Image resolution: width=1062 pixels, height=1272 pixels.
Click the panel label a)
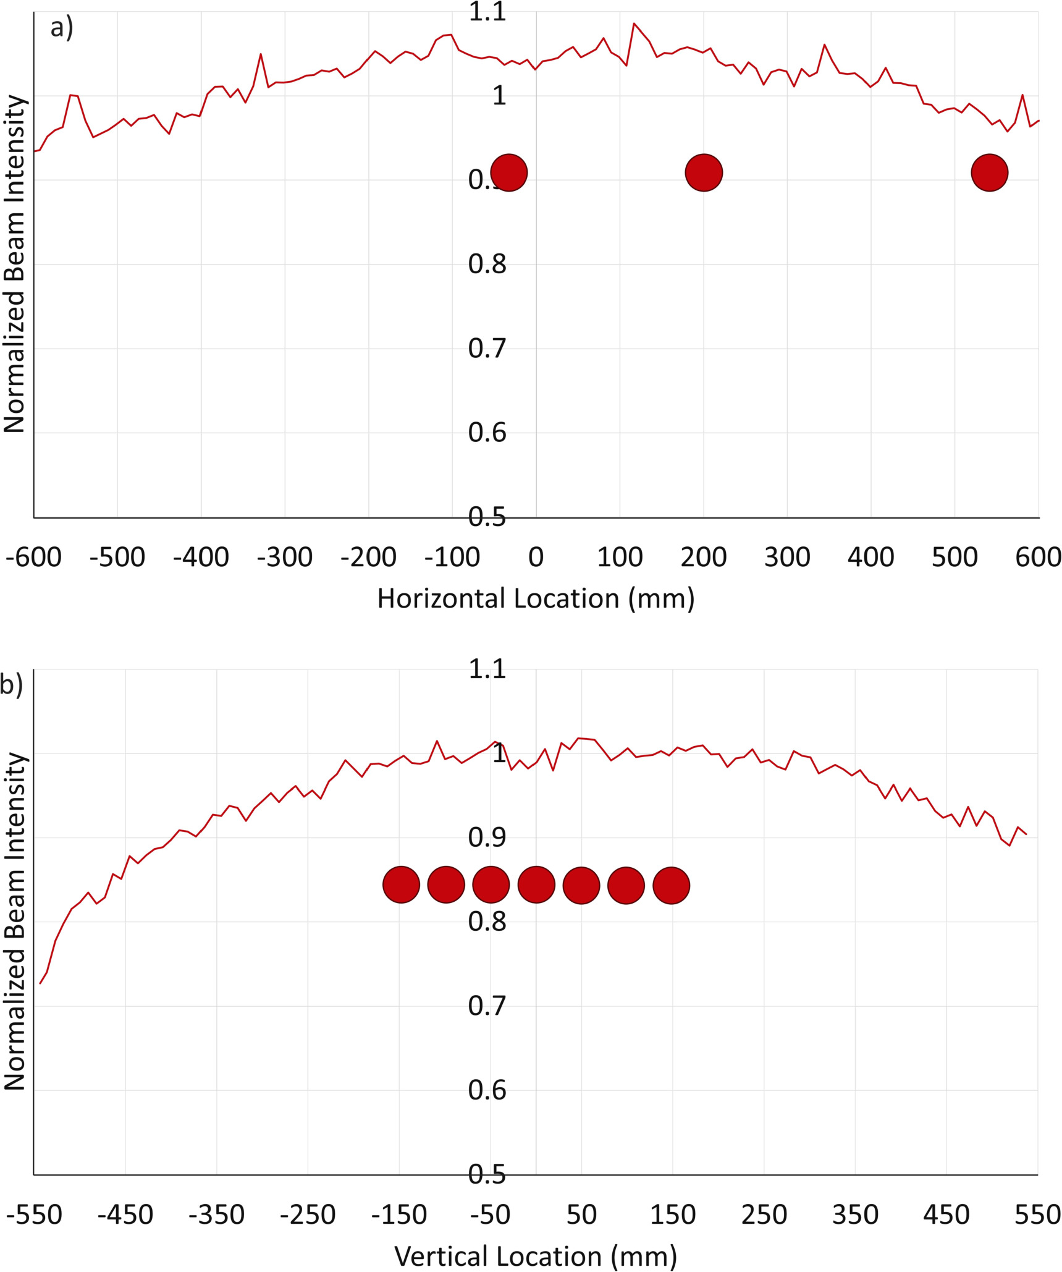pos(62,28)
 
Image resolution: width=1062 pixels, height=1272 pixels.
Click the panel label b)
pos(11,685)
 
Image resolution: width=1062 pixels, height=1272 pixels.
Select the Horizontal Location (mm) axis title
pos(536,599)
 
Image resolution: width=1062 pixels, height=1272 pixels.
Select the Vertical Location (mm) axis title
pos(536,1257)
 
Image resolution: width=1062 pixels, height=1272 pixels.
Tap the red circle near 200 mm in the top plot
pos(704,172)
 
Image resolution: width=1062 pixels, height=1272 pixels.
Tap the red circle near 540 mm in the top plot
pos(989,172)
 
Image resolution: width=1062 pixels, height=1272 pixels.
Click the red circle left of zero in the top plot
pos(508,172)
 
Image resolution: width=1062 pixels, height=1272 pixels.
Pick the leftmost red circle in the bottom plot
pos(401,885)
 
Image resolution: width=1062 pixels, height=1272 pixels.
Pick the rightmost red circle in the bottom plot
pos(671,885)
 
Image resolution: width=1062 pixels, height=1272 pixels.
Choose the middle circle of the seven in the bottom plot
pos(536,885)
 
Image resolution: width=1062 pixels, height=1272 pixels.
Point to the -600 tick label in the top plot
pos(33,558)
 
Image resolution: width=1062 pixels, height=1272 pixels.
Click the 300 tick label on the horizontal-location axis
pos(787,558)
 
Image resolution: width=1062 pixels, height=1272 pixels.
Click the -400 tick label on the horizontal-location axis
pos(201,558)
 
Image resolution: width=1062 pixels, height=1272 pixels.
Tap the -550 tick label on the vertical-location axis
pos(35,1215)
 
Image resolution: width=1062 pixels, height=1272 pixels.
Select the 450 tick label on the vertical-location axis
pos(946,1215)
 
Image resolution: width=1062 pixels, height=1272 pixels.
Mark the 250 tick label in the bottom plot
pos(764,1215)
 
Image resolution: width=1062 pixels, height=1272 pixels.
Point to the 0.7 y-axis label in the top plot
pos(487,349)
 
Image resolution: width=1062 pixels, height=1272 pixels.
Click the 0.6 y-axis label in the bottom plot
pos(487,1090)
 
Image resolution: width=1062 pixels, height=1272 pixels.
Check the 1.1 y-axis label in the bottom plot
pos(487,669)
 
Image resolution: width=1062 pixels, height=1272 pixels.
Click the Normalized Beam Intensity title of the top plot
pos(14,264)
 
